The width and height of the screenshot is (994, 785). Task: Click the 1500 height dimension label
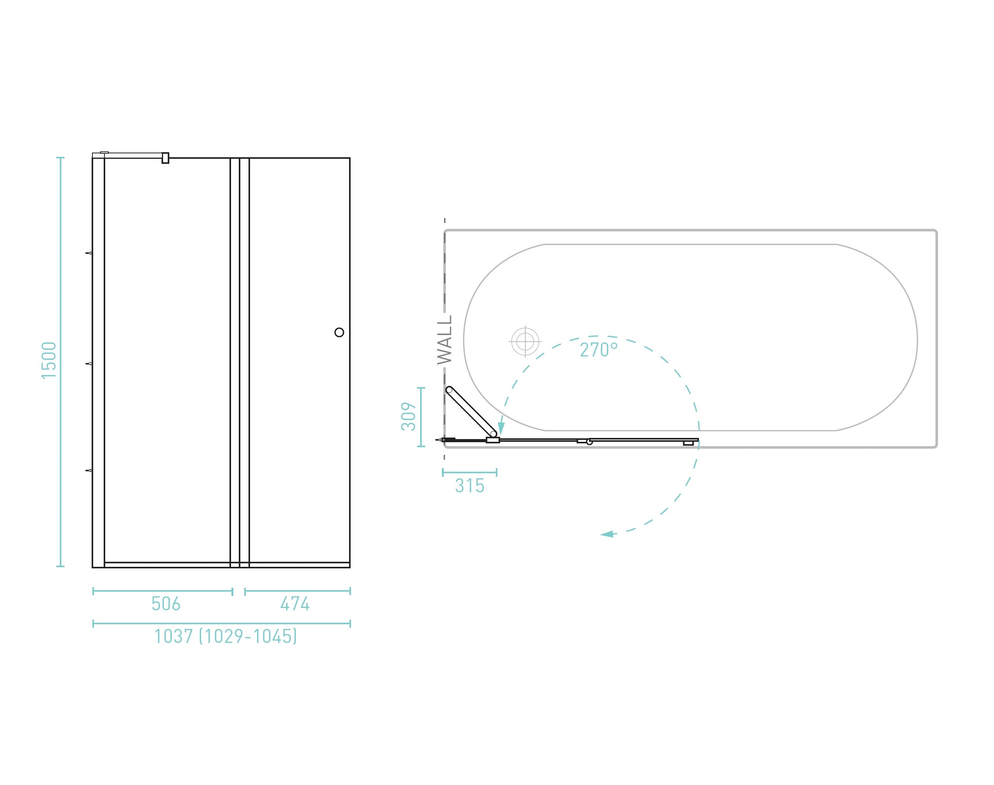49,360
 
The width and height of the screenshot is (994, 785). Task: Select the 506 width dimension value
166,603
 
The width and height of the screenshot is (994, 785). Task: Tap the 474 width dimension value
295,603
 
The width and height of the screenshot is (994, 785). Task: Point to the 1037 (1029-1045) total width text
226,636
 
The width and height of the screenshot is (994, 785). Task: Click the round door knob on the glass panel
339,332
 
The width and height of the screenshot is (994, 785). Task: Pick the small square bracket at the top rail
165,158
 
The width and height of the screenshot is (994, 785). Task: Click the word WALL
444,340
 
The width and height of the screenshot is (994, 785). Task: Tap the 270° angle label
598,350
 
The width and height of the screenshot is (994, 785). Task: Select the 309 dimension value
408,417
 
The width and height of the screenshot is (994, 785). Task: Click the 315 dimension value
470,486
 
